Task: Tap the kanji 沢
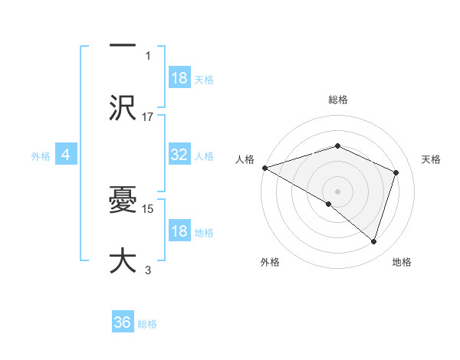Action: click(x=123, y=107)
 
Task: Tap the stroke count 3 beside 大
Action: click(x=148, y=270)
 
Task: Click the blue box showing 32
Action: click(x=179, y=155)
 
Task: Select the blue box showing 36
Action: click(x=123, y=323)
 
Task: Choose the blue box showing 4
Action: click(x=66, y=155)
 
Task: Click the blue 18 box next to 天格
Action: click(x=179, y=77)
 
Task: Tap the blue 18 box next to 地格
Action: click(x=179, y=232)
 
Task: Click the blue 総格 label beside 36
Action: click(x=147, y=324)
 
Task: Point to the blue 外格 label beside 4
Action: click(x=41, y=156)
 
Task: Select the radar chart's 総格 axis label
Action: click(x=337, y=100)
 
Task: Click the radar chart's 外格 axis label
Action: click(x=270, y=263)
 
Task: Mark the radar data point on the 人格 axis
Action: click(x=264, y=168)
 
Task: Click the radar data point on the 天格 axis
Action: click(x=396, y=172)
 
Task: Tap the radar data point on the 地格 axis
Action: click(x=373, y=241)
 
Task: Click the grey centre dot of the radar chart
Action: click(x=337, y=191)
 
